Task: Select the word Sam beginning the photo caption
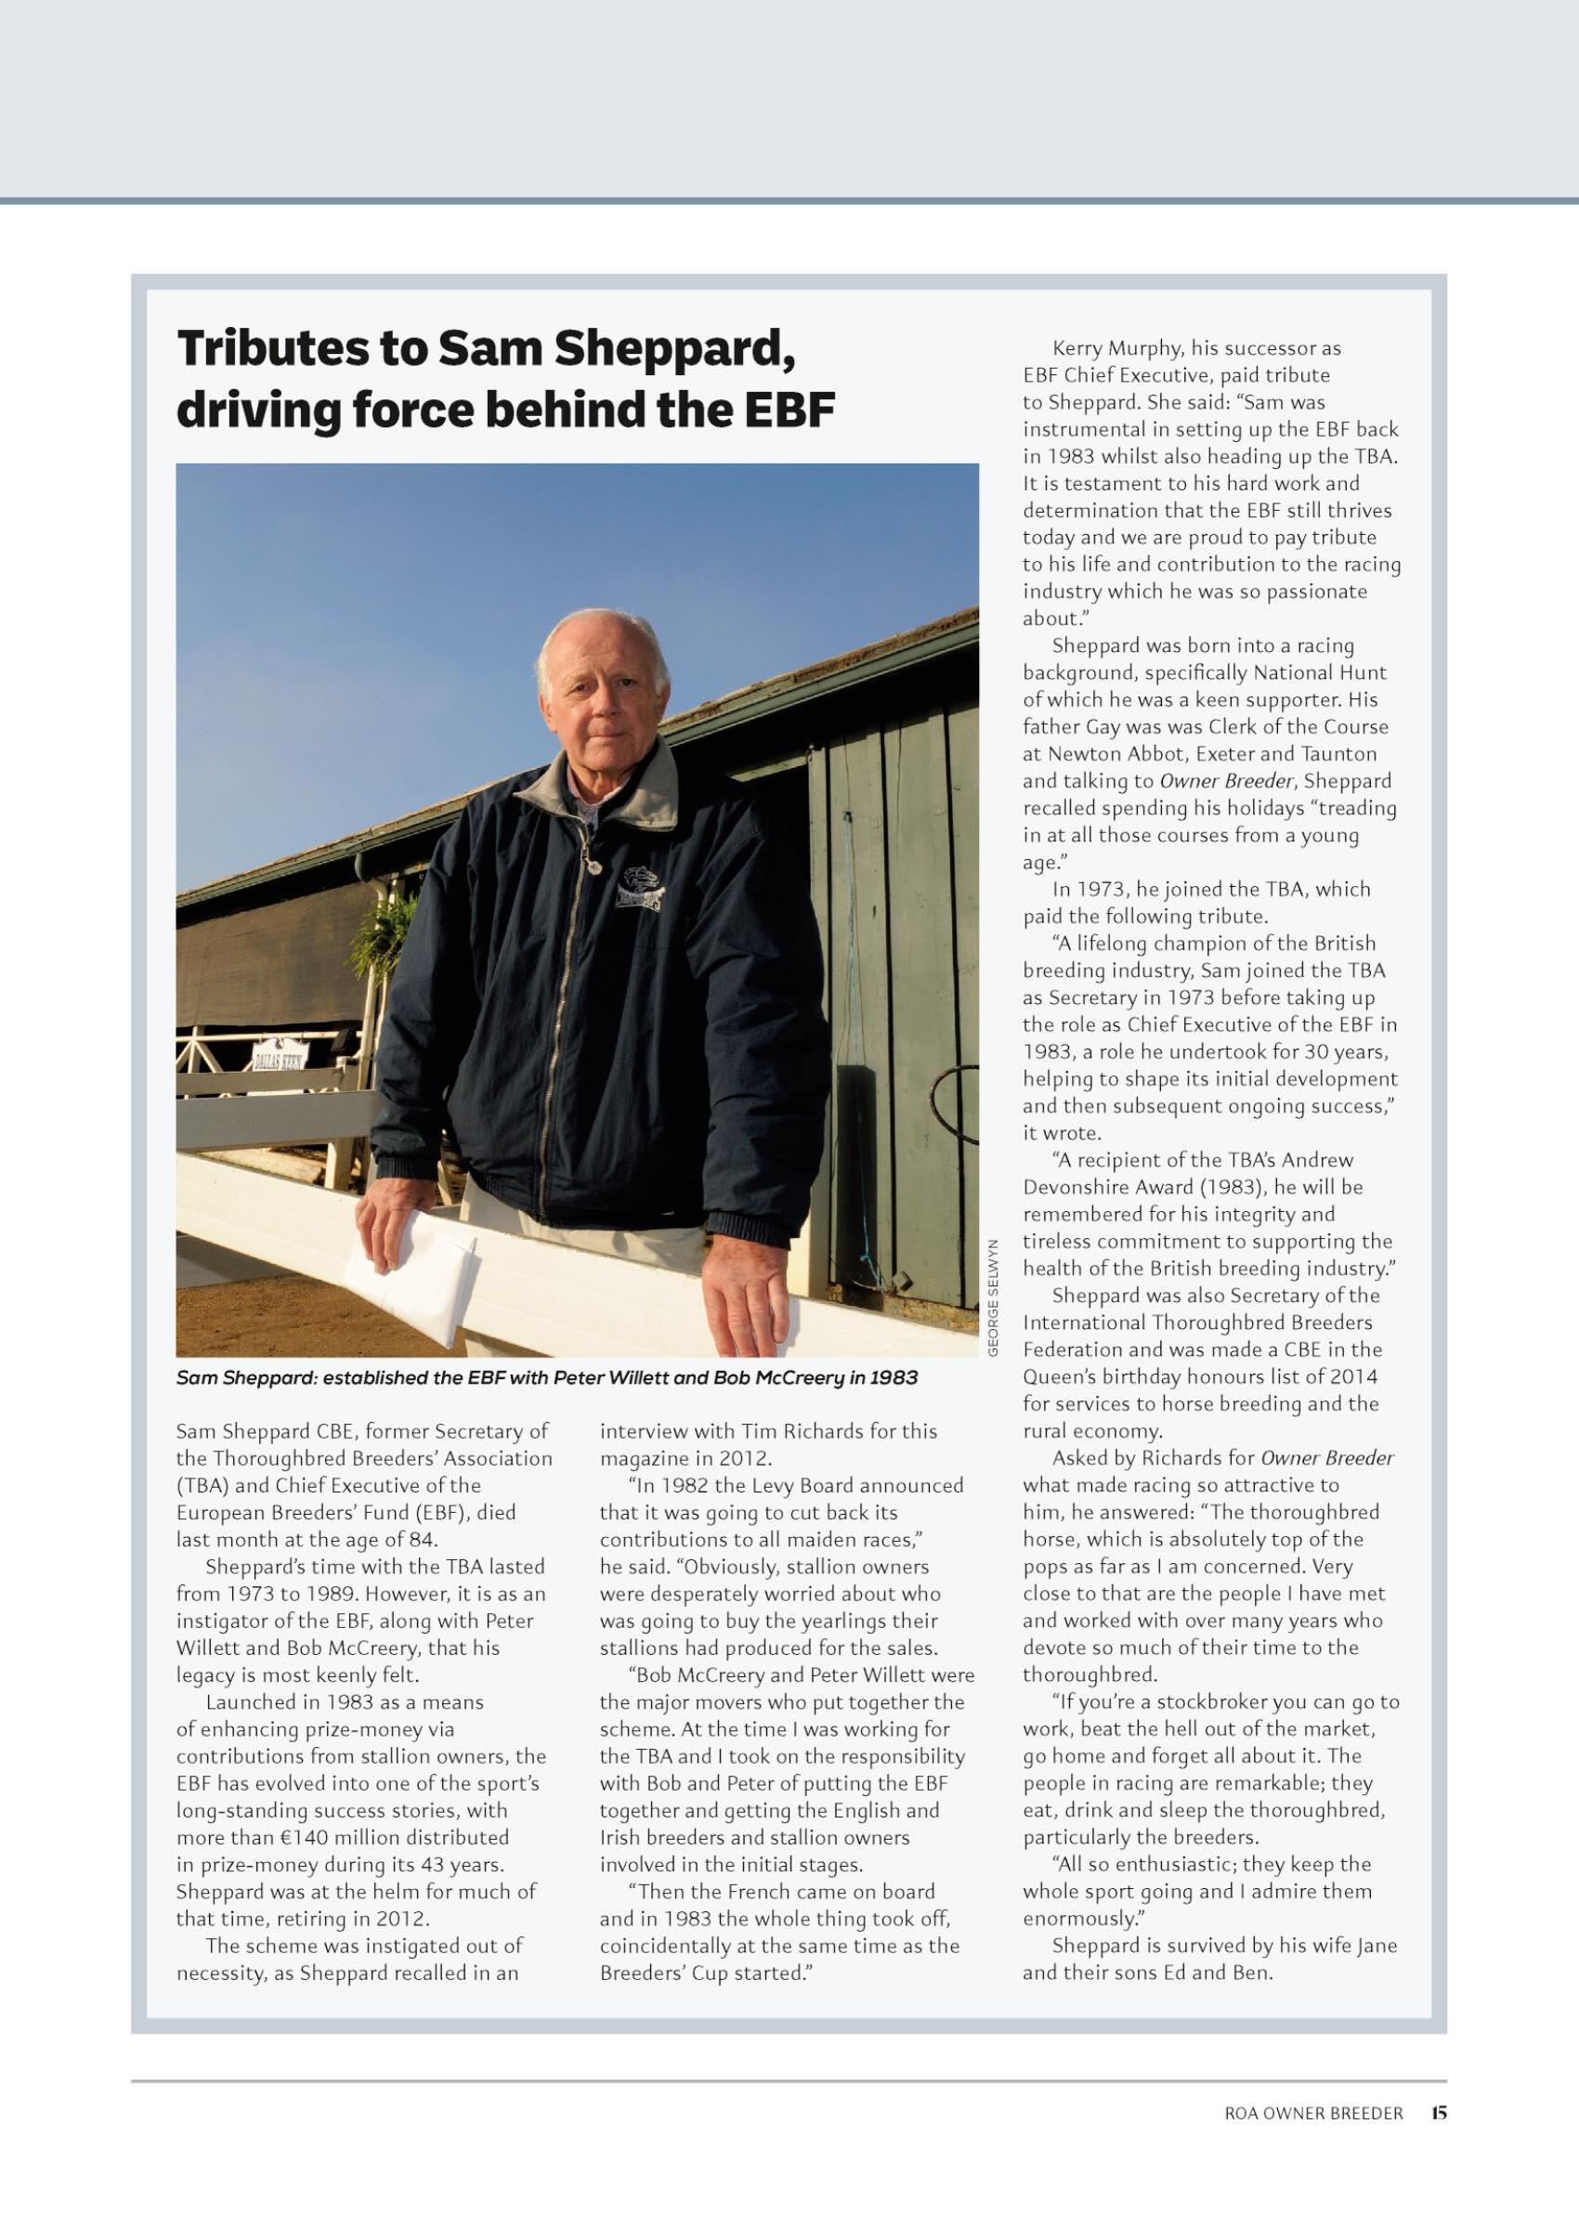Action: coord(196,1378)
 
